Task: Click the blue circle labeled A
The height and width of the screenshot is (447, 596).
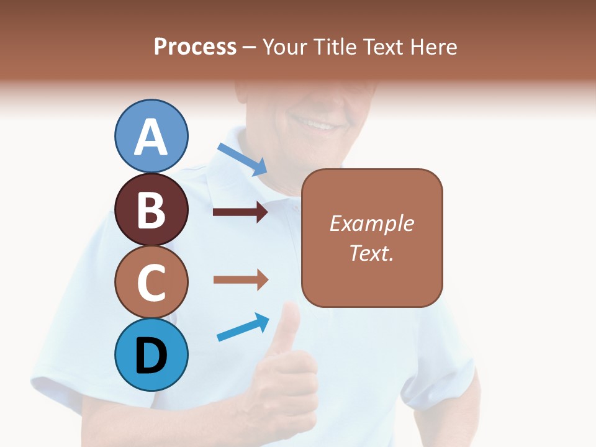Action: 151,136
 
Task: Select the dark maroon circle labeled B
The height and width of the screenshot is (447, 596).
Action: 151,209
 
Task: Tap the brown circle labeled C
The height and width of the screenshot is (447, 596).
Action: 151,282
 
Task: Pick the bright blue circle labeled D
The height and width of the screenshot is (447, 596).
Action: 151,354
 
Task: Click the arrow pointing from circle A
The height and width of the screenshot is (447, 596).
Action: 243,160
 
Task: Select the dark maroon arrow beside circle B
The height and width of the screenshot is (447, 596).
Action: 240,212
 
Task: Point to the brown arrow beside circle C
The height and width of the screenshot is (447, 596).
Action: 240,279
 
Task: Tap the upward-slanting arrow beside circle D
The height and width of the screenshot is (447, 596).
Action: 243,327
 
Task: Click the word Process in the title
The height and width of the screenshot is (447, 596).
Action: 195,47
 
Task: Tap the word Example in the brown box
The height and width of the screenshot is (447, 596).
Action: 371,223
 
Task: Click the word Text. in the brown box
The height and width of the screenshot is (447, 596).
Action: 371,253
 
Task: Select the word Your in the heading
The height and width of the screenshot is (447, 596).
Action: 284,47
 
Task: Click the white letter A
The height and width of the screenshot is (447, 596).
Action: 151,137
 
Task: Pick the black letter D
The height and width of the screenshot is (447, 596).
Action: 151,356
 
